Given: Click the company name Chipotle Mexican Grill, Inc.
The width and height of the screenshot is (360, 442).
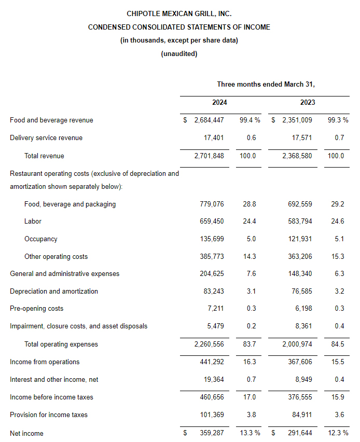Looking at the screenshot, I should [179, 13].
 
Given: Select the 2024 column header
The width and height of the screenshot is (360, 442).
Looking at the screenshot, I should [219, 103].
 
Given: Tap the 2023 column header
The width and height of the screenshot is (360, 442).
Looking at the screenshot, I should [308, 103].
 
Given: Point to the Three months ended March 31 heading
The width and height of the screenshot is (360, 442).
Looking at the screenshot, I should [266, 84].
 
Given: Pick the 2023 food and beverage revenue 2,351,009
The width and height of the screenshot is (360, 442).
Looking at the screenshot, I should [297, 120].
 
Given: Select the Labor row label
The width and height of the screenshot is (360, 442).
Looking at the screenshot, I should [33, 222].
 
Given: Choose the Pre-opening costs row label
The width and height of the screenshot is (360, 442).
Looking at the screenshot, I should [36, 309].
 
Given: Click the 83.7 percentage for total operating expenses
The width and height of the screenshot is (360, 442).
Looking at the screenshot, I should [250, 344].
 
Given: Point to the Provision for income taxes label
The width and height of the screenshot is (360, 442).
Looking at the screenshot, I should [49, 415].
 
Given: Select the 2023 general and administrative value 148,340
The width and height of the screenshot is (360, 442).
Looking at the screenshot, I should [300, 274].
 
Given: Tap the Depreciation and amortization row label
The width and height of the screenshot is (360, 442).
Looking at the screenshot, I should [54, 292].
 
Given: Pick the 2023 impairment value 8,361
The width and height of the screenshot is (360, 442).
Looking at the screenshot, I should [304, 326].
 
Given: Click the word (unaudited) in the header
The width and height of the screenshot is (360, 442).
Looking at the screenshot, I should [179, 53].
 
